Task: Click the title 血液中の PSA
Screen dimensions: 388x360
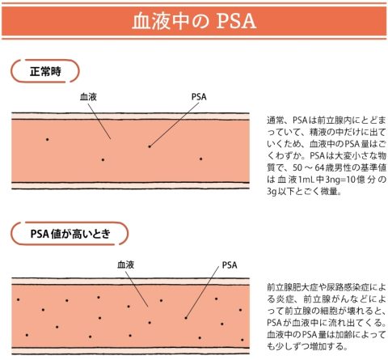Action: (194, 21)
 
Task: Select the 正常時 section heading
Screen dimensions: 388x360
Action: (45, 71)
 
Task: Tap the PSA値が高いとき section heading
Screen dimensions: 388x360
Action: (70, 234)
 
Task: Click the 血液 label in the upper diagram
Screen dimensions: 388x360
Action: (88, 97)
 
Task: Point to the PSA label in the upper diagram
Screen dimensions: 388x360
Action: (199, 97)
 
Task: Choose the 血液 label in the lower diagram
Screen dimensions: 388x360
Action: (125, 265)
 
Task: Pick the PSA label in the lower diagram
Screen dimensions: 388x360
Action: (230, 265)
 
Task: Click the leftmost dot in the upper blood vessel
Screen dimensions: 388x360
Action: (48, 139)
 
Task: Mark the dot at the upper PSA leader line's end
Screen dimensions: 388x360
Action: (150, 146)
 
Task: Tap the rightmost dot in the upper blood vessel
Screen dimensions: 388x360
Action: (200, 159)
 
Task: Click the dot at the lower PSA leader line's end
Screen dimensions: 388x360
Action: (186, 318)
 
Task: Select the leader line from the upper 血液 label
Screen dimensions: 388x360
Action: (99, 121)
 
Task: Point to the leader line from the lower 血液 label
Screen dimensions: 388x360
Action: (137, 289)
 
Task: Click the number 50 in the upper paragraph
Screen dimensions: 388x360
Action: (297, 167)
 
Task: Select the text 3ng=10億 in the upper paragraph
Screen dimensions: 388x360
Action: (345, 180)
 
